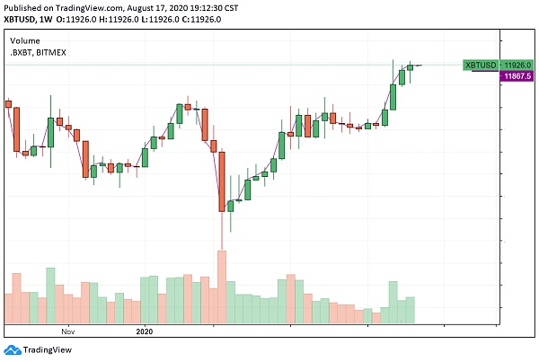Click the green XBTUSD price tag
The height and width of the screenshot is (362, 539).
(480, 65)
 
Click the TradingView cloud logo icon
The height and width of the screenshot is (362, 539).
(12, 350)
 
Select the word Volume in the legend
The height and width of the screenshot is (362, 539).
(24, 40)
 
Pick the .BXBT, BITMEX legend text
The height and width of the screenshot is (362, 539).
(38, 53)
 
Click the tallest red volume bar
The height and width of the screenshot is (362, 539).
(221, 287)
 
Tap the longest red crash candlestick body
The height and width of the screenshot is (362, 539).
(221, 180)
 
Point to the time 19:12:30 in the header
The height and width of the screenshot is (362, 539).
(221, 7)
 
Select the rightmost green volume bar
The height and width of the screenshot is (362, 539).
(411, 310)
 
